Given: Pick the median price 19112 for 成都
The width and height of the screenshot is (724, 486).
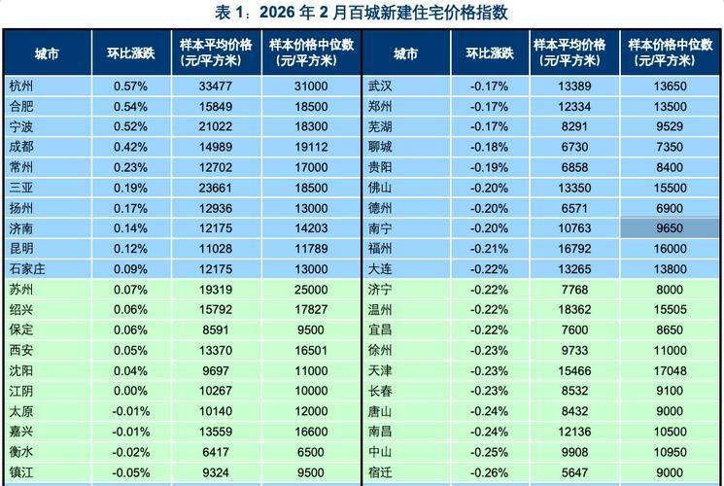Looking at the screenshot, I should click(310, 147).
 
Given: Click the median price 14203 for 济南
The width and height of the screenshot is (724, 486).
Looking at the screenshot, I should click(310, 228).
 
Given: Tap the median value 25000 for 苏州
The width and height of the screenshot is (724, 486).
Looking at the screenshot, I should click(310, 291).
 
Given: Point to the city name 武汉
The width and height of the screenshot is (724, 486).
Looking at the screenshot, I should click(380, 86).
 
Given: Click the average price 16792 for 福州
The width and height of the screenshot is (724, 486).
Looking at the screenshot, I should click(569, 249).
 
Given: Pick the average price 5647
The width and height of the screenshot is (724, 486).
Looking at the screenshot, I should click(569, 473).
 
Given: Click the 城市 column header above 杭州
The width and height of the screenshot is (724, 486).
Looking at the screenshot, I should click(46, 52).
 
